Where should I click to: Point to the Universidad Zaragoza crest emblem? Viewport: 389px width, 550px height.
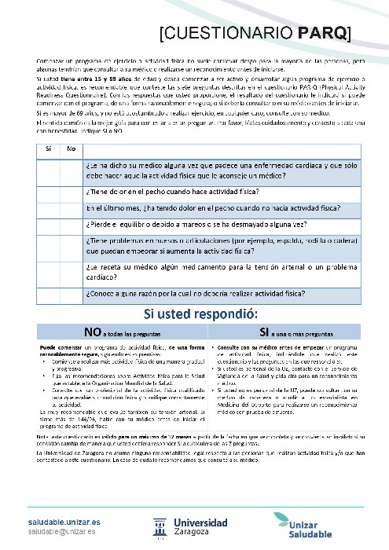pyautogui.click(x=158, y=527)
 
